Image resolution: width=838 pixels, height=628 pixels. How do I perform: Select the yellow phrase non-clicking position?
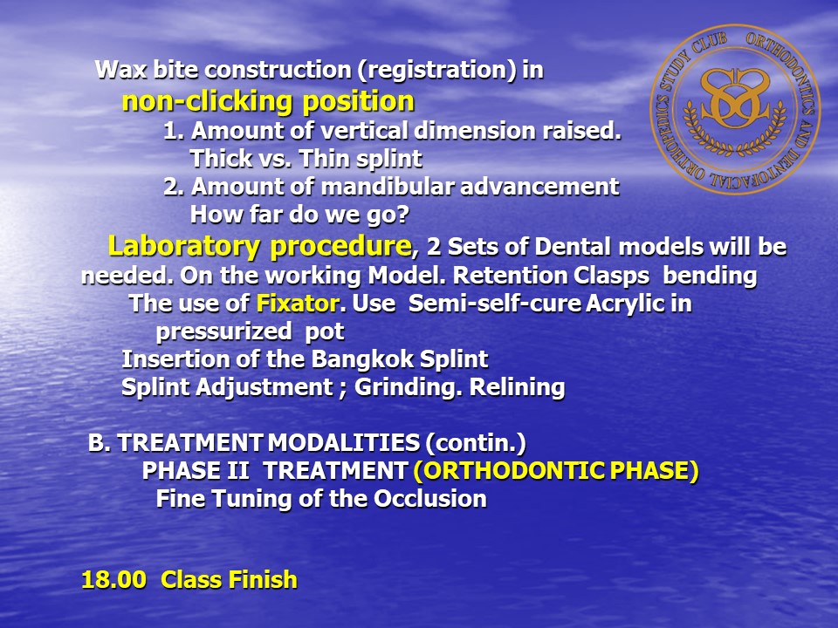point(268,100)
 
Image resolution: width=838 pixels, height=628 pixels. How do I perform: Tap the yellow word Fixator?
point(298,304)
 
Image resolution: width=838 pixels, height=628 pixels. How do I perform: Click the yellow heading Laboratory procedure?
point(260,246)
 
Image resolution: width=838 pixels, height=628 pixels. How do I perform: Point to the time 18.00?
point(113,579)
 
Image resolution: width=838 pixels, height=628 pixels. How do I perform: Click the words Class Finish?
point(229,579)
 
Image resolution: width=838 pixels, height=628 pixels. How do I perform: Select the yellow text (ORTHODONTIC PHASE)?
point(556,471)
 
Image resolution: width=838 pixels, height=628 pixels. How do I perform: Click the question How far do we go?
point(299,215)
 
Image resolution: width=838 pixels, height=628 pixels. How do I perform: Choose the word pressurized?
point(224,331)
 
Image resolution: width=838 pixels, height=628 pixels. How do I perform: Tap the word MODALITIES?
point(344,443)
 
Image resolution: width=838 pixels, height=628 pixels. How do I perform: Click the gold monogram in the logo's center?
point(735,99)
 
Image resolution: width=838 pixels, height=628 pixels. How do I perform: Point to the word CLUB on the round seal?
point(711,46)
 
